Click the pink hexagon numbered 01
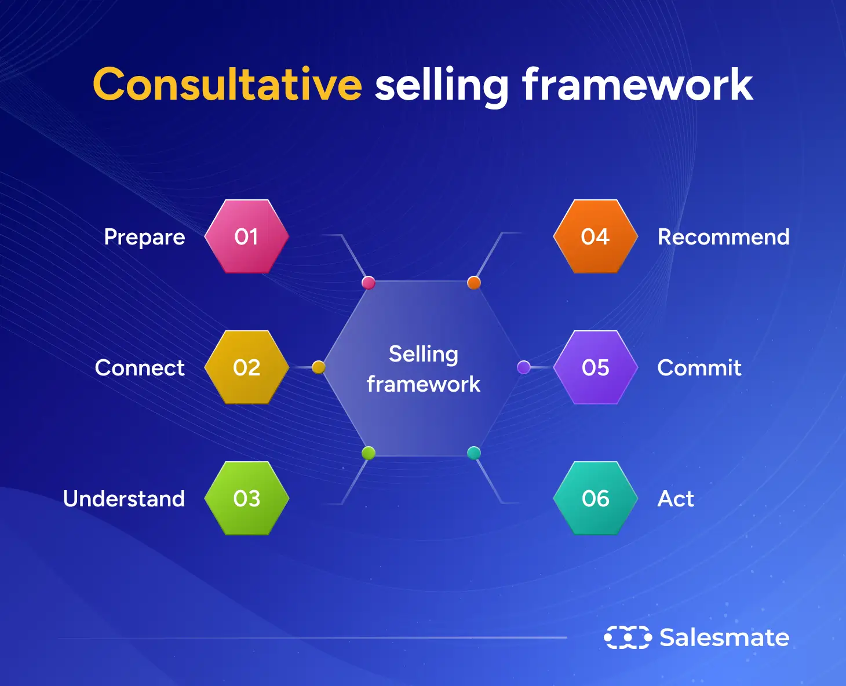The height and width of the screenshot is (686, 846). click(x=247, y=236)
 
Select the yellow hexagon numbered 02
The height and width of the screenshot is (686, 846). click(x=247, y=367)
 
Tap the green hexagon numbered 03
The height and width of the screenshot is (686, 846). click(x=247, y=498)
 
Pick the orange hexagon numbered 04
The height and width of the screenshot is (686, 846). click(x=595, y=236)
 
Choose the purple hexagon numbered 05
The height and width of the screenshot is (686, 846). click(x=595, y=367)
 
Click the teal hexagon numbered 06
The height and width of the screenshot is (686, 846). click(x=595, y=498)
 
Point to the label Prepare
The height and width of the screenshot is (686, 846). click(x=144, y=237)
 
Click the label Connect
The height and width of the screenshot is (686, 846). click(x=140, y=368)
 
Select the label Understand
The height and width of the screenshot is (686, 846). click(x=124, y=499)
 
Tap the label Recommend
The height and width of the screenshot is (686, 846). click(x=723, y=237)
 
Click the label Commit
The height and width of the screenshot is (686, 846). click(x=699, y=368)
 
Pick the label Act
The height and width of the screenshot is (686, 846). click(x=676, y=499)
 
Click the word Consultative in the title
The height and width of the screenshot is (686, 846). click(x=227, y=85)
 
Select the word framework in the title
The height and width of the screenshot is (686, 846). click(x=637, y=85)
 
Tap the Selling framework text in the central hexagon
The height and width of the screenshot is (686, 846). click(x=424, y=369)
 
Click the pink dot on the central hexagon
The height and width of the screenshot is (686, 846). click(x=369, y=283)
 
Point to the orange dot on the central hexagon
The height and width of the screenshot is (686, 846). click(x=474, y=283)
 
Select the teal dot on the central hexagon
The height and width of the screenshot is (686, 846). click(x=474, y=453)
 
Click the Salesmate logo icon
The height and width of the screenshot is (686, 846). click(x=628, y=637)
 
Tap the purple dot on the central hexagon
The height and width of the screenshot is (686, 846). click(x=524, y=367)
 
